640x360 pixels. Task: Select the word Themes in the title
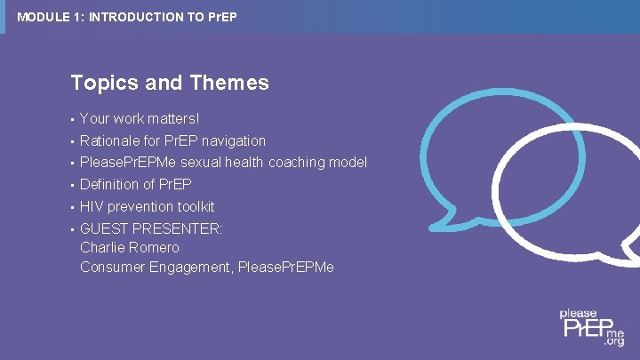tap(228, 84)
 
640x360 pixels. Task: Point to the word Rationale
tap(110, 140)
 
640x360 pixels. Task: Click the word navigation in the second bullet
tap(234, 140)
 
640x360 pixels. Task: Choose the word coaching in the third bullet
tap(298, 162)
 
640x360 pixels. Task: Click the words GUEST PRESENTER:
tap(151, 228)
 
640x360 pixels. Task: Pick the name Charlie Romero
tap(130, 247)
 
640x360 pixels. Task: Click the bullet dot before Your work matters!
tap(72, 119)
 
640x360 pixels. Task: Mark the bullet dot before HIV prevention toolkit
tap(72, 207)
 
